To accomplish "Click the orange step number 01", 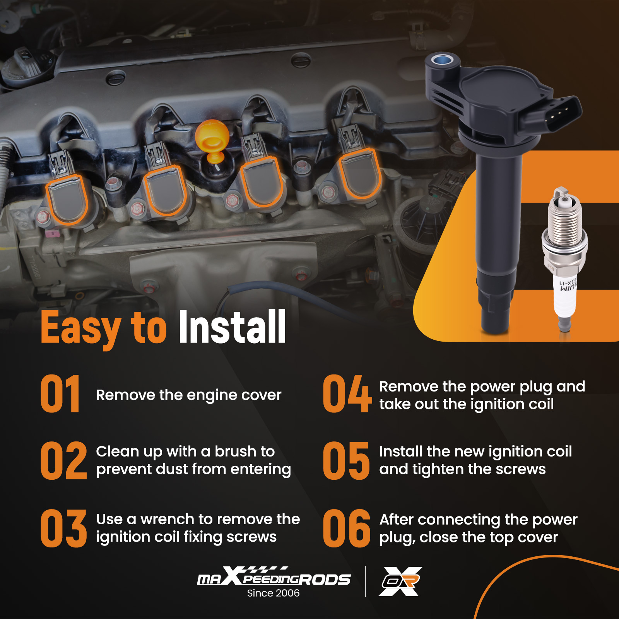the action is point(60,393).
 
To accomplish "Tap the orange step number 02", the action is point(64,460).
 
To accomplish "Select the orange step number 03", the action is point(64,528).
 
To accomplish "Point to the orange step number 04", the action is point(347,393).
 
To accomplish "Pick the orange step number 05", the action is point(346,460).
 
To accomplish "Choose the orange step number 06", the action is point(347,528).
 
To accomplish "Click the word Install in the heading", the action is point(232,327).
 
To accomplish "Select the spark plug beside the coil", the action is point(564,259).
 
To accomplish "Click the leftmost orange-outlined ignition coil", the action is point(67,199).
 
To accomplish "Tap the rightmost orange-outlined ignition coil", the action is point(360,173).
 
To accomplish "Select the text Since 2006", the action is point(273,593).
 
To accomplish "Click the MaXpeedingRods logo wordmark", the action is point(274,576).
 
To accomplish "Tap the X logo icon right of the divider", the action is point(400,581).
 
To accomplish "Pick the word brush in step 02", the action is point(236,451).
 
